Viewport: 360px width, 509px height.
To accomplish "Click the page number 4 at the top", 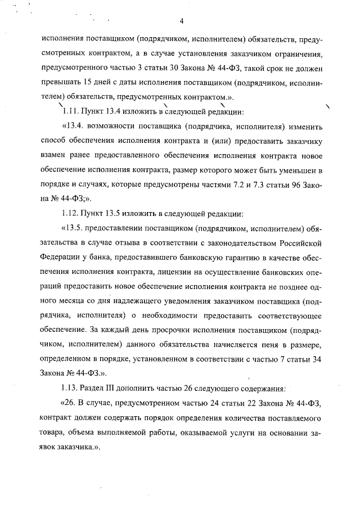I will pyautogui.click(x=182, y=22).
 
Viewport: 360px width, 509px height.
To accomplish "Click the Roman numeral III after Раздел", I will pyautogui.click(x=112, y=388).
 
